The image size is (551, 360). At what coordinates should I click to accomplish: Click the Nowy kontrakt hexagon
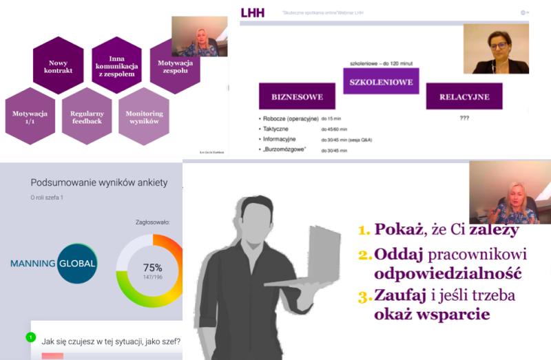point(58,66)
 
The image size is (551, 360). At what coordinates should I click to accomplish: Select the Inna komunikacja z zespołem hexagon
point(116,65)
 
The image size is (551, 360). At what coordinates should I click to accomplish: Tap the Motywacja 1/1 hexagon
point(29,116)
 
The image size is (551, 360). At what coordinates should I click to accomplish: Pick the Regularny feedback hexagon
point(86,116)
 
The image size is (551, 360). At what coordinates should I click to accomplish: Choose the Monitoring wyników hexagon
point(144,116)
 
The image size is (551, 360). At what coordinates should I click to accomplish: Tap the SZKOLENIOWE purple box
point(377,83)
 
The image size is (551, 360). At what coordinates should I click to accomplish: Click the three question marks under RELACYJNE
point(464,118)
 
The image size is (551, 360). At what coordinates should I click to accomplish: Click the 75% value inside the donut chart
point(152,267)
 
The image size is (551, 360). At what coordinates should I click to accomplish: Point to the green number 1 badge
point(30,337)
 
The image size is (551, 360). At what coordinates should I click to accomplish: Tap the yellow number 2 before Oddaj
point(364,254)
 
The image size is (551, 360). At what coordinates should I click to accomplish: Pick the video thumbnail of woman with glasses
point(496,48)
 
